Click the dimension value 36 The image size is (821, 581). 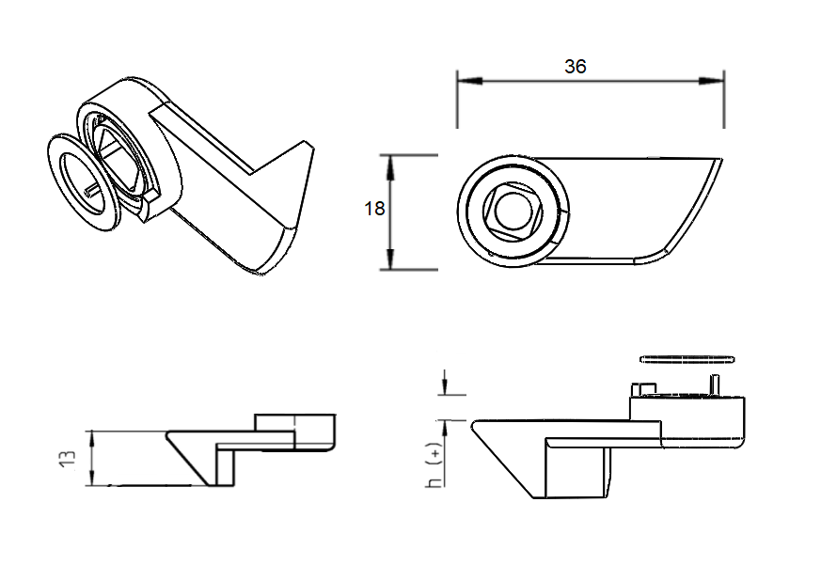[x=575, y=67]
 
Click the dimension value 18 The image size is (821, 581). [x=374, y=209]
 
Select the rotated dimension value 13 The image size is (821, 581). [x=67, y=459]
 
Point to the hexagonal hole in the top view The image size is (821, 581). [x=512, y=210]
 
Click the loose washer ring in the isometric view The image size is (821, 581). [x=82, y=179]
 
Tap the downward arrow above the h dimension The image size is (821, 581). [x=444, y=387]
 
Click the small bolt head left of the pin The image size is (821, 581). [x=642, y=388]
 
